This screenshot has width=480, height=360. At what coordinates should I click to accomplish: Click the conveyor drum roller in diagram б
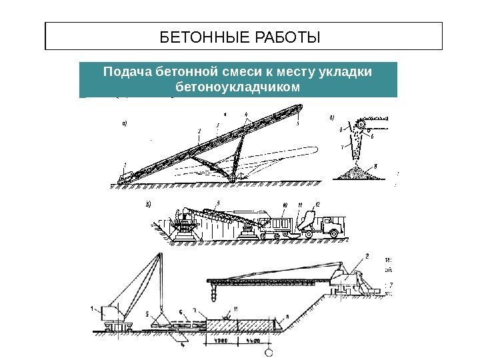[x=360, y=124]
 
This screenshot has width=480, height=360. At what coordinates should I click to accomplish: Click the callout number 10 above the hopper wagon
[x=285, y=204]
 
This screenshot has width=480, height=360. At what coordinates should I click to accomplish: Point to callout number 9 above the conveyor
[x=217, y=203]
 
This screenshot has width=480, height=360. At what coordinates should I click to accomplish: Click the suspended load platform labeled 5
[x=161, y=323]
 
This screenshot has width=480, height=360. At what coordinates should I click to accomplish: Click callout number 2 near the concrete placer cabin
[x=367, y=256]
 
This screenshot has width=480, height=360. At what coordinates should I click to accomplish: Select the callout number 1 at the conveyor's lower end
[x=125, y=163]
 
